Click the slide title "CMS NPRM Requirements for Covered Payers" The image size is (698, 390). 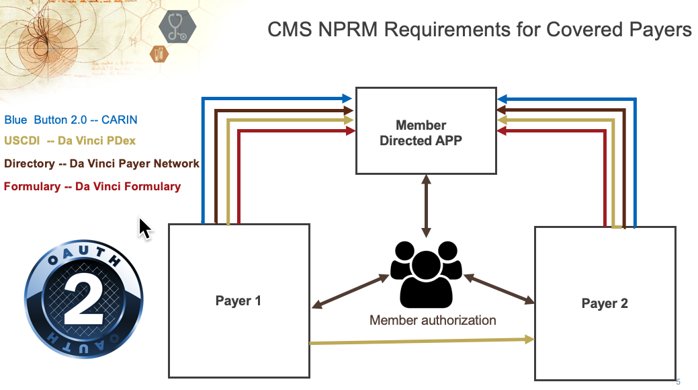[x=479, y=30]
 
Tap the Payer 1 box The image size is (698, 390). [x=238, y=301]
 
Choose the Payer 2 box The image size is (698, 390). [x=605, y=303]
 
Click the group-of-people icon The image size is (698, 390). [x=426, y=273]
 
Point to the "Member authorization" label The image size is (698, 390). [x=433, y=320]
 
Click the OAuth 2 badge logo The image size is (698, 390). [x=85, y=295]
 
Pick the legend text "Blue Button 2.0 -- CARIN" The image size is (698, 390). [x=71, y=120]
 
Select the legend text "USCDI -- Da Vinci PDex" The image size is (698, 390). [x=70, y=141]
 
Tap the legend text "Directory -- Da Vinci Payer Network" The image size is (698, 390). [x=101, y=163]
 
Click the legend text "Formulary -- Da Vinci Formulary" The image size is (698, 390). [x=93, y=186]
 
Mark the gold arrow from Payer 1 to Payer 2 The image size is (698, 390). [x=422, y=342]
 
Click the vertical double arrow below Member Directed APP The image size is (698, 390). [x=426, y=206]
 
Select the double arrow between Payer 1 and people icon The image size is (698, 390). [x=351, y=291]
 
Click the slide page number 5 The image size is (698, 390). [x=678, y=382]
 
